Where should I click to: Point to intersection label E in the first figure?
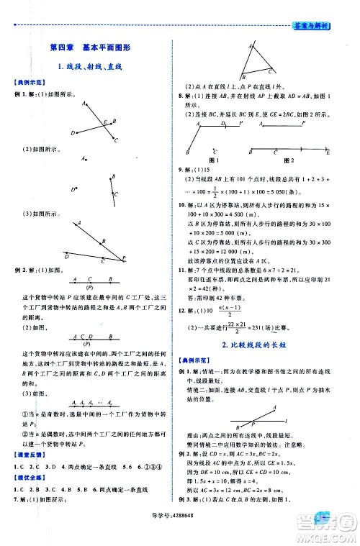(x=104, y=121)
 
